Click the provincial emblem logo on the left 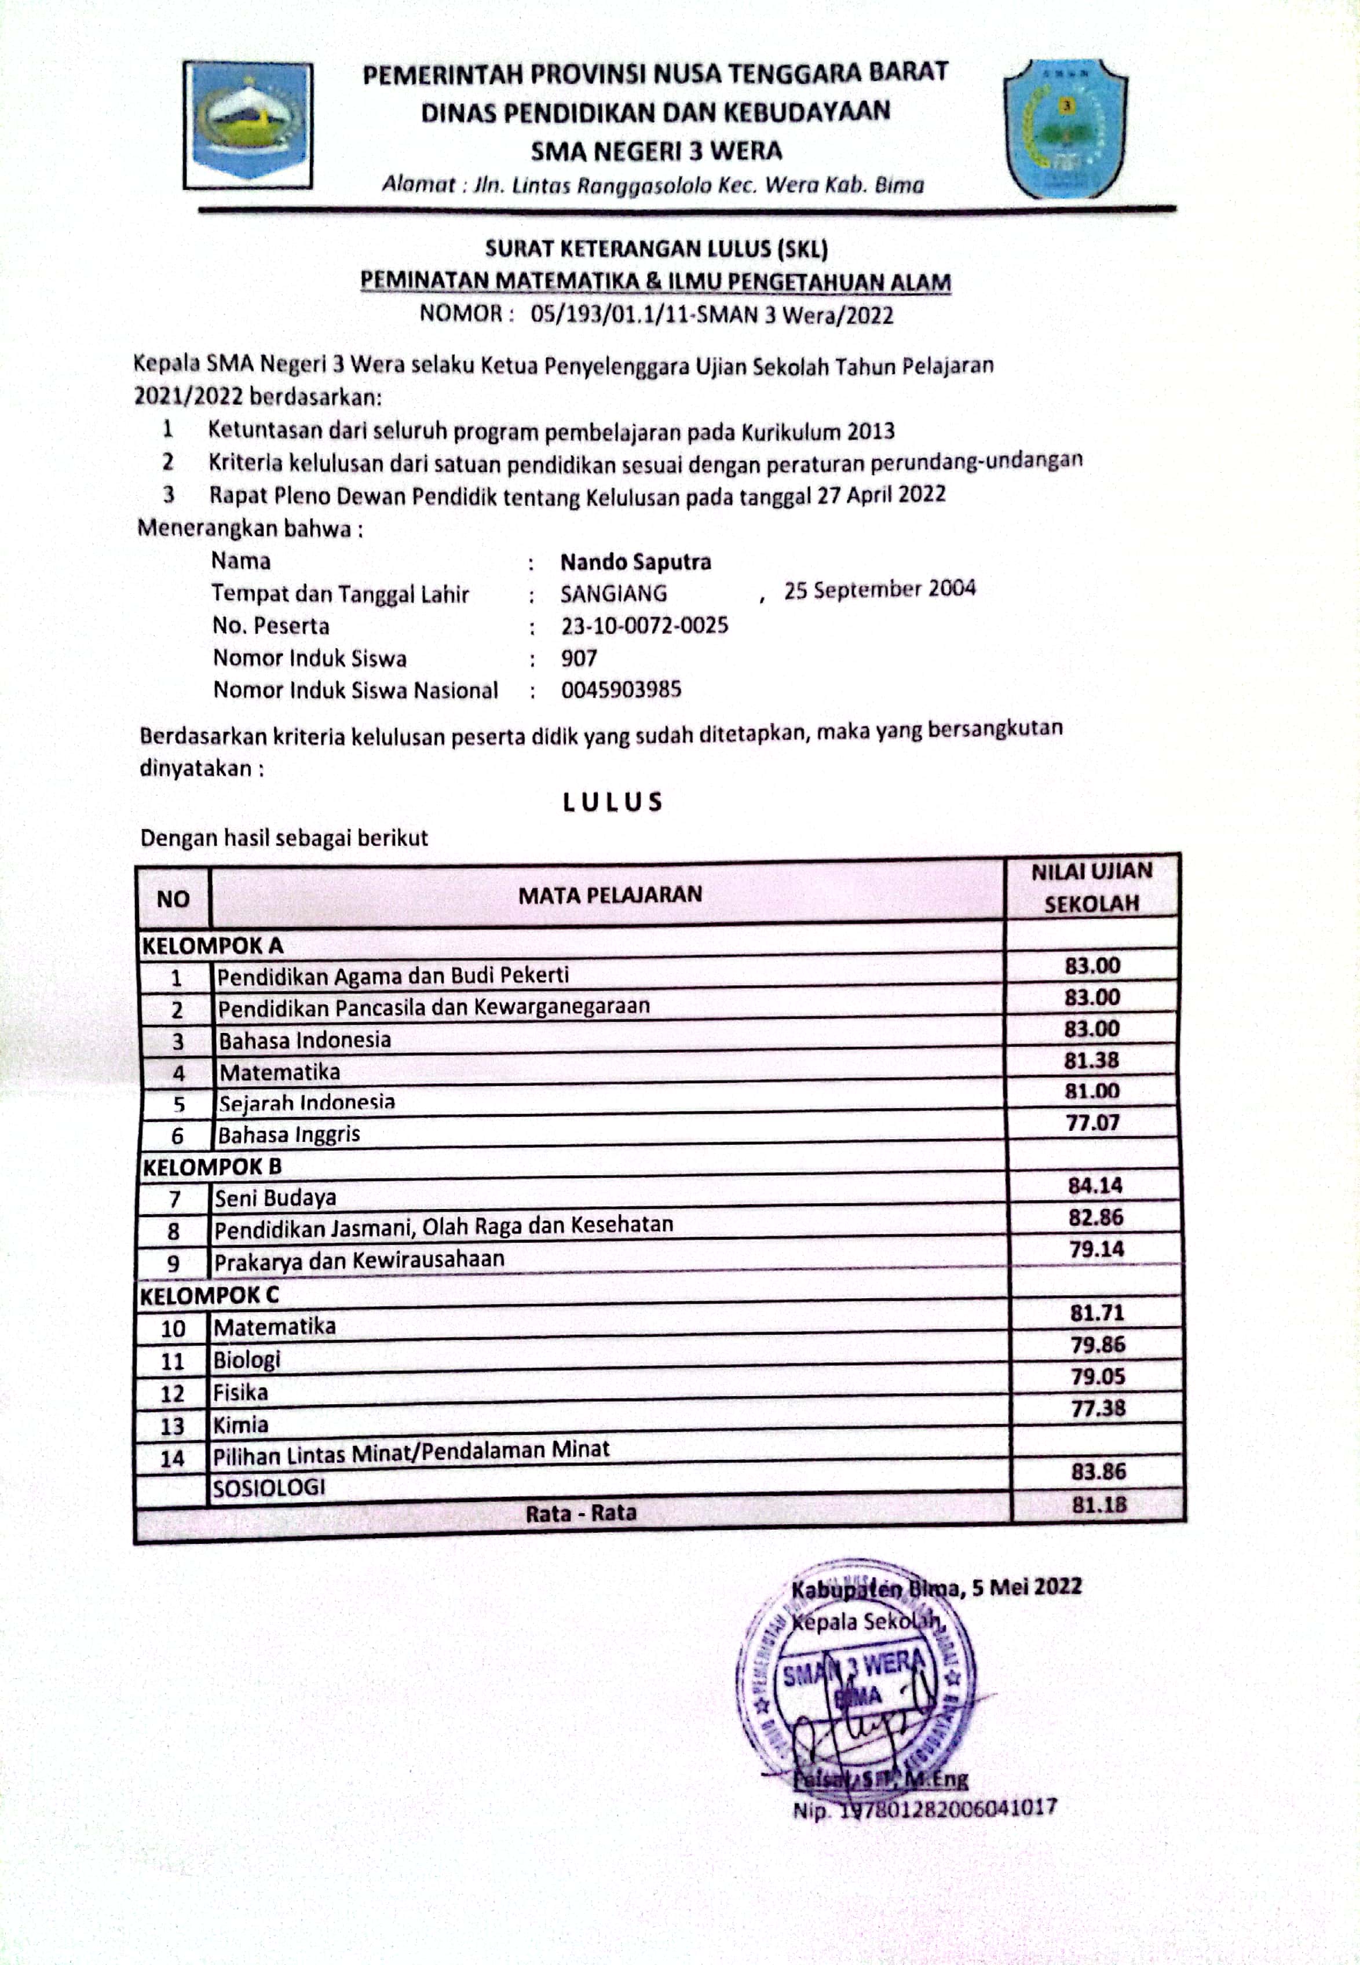tap(248, 125)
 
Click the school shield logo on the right tap(1065, 128)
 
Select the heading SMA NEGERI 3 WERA tap(656, 151)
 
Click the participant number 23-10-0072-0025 tap(644, 626)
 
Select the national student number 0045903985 tap(621, 689)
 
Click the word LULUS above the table tap(613, 802)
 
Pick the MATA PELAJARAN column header tap(610, 894)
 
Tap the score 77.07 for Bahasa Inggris tap(1092, 1123)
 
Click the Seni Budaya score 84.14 tap(1095, 1185)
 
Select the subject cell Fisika tap(240, 1393)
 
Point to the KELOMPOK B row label tap(211, 1167)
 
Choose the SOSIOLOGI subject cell tap(269, 1487)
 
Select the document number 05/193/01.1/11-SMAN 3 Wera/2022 tap(711, 315)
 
